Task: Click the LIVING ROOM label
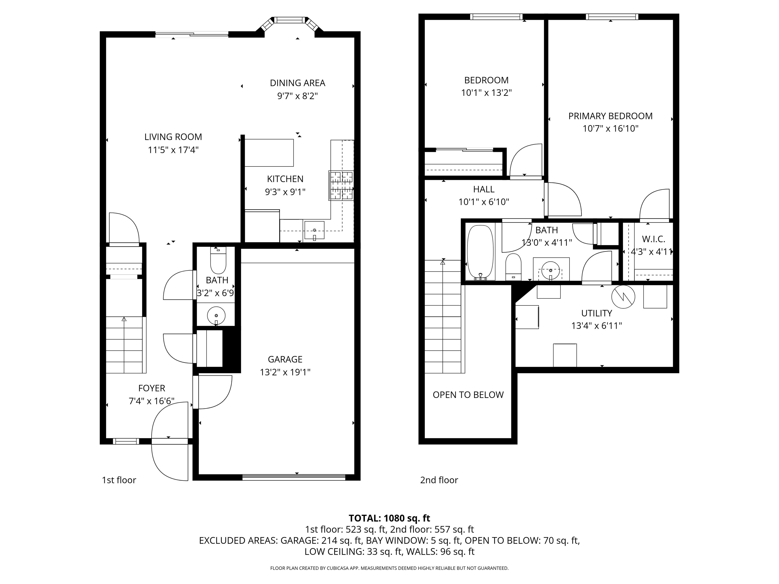(x=173, y=137)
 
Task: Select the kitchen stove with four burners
(x=341, y=186)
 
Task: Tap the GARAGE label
(x=285, y=359)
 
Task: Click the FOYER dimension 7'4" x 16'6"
(x=151, y=401)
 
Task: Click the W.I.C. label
(x=653, y=239)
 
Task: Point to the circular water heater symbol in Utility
(x=623, y=296)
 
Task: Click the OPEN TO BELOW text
(x=468, y=395)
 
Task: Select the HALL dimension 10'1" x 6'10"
(x=484, y=202)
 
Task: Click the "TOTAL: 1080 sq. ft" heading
(x=389, y=518)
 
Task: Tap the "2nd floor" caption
(x=439, y=480)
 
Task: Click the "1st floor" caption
(x=119, y=480)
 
